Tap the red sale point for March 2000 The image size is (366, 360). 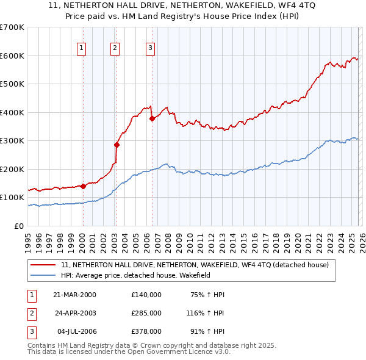[83, 186]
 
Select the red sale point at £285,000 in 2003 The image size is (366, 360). [117, 145]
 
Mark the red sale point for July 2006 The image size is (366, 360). [152, 119]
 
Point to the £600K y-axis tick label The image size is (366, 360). [12, 56]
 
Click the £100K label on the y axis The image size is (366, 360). [12, 198]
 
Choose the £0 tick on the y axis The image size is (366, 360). [18, 226]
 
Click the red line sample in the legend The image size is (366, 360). [44, 265]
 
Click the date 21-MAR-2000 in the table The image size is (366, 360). [75, 294]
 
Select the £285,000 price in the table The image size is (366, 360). [146, 312]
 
